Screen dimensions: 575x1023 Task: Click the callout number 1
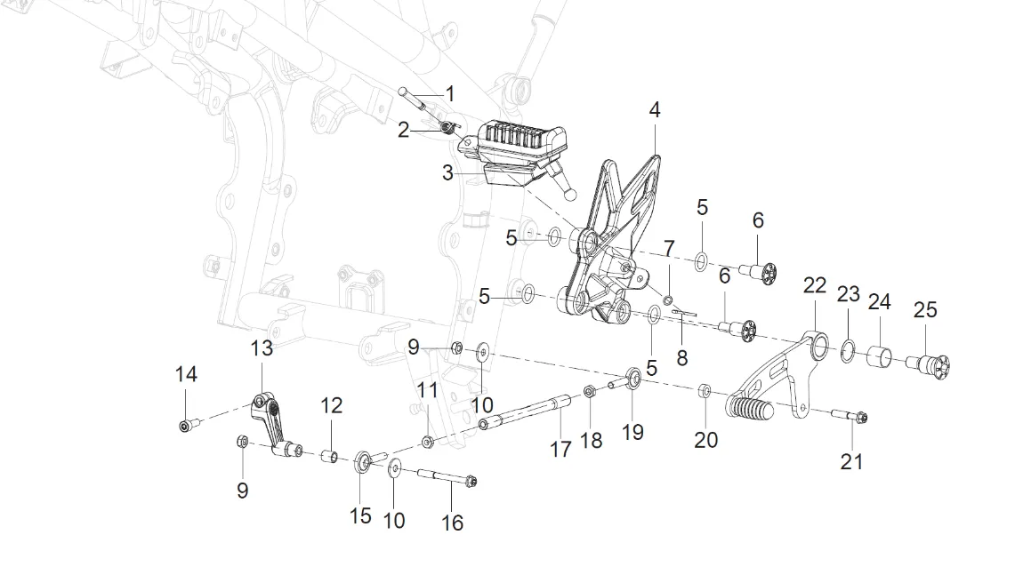tap(450, 93)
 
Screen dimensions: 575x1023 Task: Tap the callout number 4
tap(655, 110)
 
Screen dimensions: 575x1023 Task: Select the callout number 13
tap(262, 348)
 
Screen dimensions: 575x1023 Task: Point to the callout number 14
tap(185, 375)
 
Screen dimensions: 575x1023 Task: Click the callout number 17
tap(560, 450)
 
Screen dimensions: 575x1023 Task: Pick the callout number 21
tap(851, 461)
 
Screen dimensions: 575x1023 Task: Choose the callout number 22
tap(815, 285)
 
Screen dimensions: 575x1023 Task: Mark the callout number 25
tap(925, 309)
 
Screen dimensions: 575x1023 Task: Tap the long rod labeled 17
tap(525, 412)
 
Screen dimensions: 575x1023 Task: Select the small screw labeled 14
tap(184, 426)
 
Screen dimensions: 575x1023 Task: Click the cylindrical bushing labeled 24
tap(881, 356)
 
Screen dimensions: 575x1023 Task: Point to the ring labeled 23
tap(849, 348)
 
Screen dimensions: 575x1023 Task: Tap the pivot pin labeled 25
tap(930, 364)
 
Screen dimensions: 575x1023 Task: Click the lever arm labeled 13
tap(268, 419)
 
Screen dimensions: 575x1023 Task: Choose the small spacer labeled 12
tap(327, 456)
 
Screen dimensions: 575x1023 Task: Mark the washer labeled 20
tap(704, 390)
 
